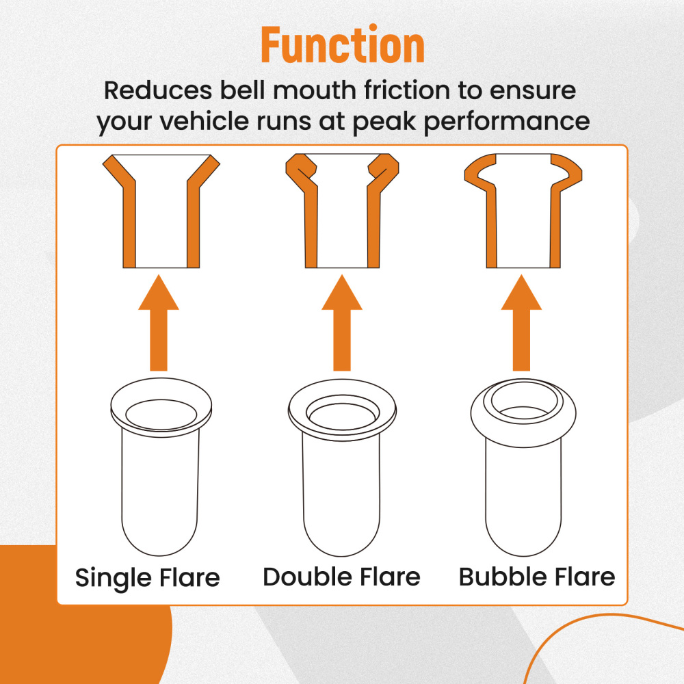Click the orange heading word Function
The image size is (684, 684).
[x=343, y=44]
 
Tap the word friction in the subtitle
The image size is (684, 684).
[x=406, y=90]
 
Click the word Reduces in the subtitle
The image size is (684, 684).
[x=158, y=90]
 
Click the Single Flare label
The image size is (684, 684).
[x=148, y=578]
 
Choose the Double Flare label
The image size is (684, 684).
[x=341, y=577]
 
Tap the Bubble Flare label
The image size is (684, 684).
[x=537, y=577]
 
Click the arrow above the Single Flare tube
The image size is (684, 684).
[x=159, y=323]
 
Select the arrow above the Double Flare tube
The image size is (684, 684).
[x=342, y=323]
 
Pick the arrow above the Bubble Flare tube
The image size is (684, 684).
[x=521, y=323]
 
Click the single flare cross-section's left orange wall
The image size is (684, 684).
[x=129, y=218]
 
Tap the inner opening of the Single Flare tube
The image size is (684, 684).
[x=161, y=415]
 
